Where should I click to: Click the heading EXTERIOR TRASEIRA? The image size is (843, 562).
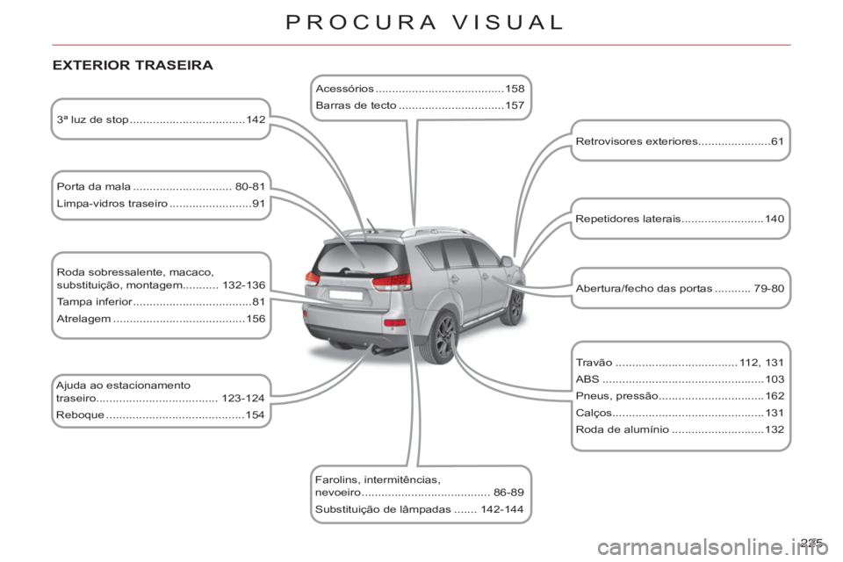point(133,65)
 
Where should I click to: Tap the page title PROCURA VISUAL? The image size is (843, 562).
point(425,22)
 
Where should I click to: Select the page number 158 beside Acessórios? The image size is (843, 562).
point(515,89)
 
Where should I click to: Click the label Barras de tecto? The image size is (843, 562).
point(356,105)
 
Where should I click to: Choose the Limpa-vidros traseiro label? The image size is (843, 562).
point(112,204)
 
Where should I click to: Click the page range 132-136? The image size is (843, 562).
point(243,285)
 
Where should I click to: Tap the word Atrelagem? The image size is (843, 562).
point(84,319)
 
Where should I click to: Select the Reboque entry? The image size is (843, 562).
point(80,415)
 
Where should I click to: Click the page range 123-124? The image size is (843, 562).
point(243,399)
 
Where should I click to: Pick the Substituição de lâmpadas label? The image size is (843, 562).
point(384,509)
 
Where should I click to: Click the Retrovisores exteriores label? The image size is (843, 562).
point(637,141)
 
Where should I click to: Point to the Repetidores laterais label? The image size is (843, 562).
point(628,219)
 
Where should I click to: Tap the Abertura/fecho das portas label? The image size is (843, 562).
point(644,288)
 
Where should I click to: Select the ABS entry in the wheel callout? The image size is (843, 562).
point(587,379)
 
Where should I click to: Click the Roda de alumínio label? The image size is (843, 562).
point(623,429)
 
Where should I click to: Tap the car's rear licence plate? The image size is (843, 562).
point(346,295)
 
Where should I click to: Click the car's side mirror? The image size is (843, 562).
point(507,262)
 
